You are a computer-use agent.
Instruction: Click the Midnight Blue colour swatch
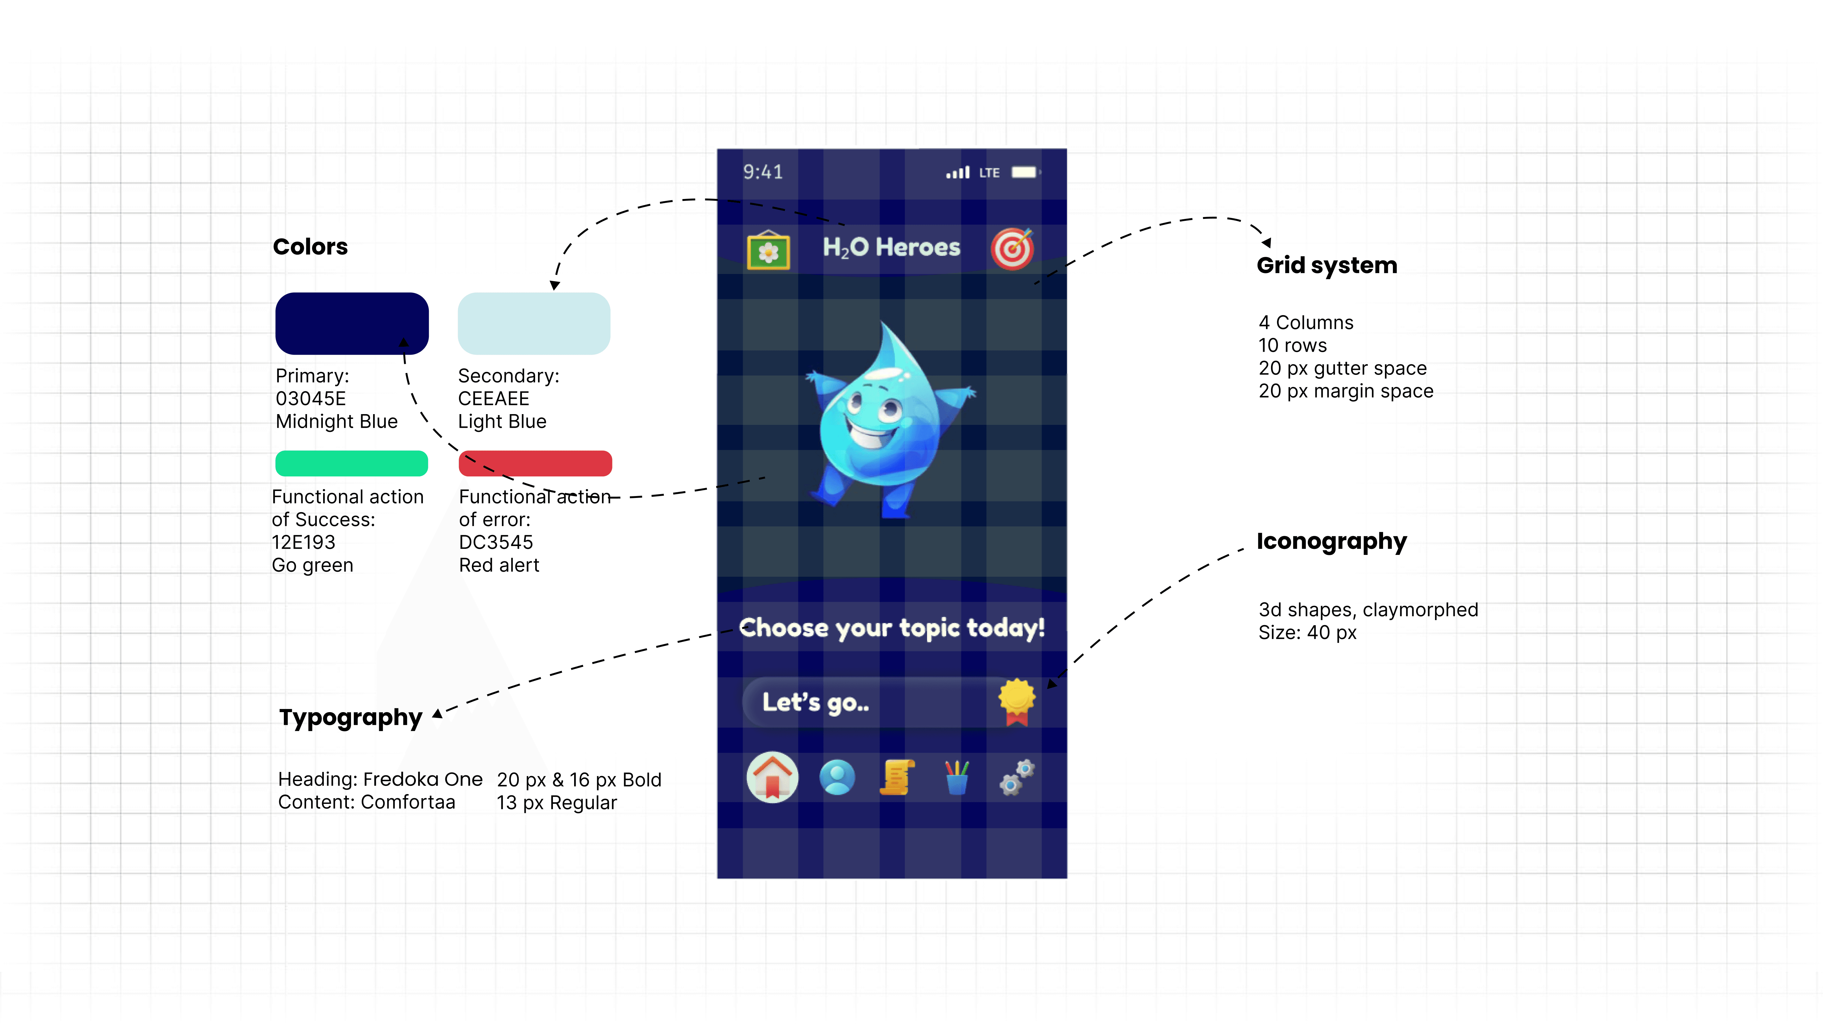tap(352, 323)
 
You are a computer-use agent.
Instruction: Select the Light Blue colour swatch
tap(534, 323)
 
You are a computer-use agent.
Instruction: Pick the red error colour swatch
tap(535, 463)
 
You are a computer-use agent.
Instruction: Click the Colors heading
tap(310, 247)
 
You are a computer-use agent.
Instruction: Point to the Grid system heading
tap(1326, 265)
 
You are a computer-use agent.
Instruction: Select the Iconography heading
tap(1331, 541)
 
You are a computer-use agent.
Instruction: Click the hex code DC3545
tap(495, 543)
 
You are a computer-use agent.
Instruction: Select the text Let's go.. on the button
tap(815, 702)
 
